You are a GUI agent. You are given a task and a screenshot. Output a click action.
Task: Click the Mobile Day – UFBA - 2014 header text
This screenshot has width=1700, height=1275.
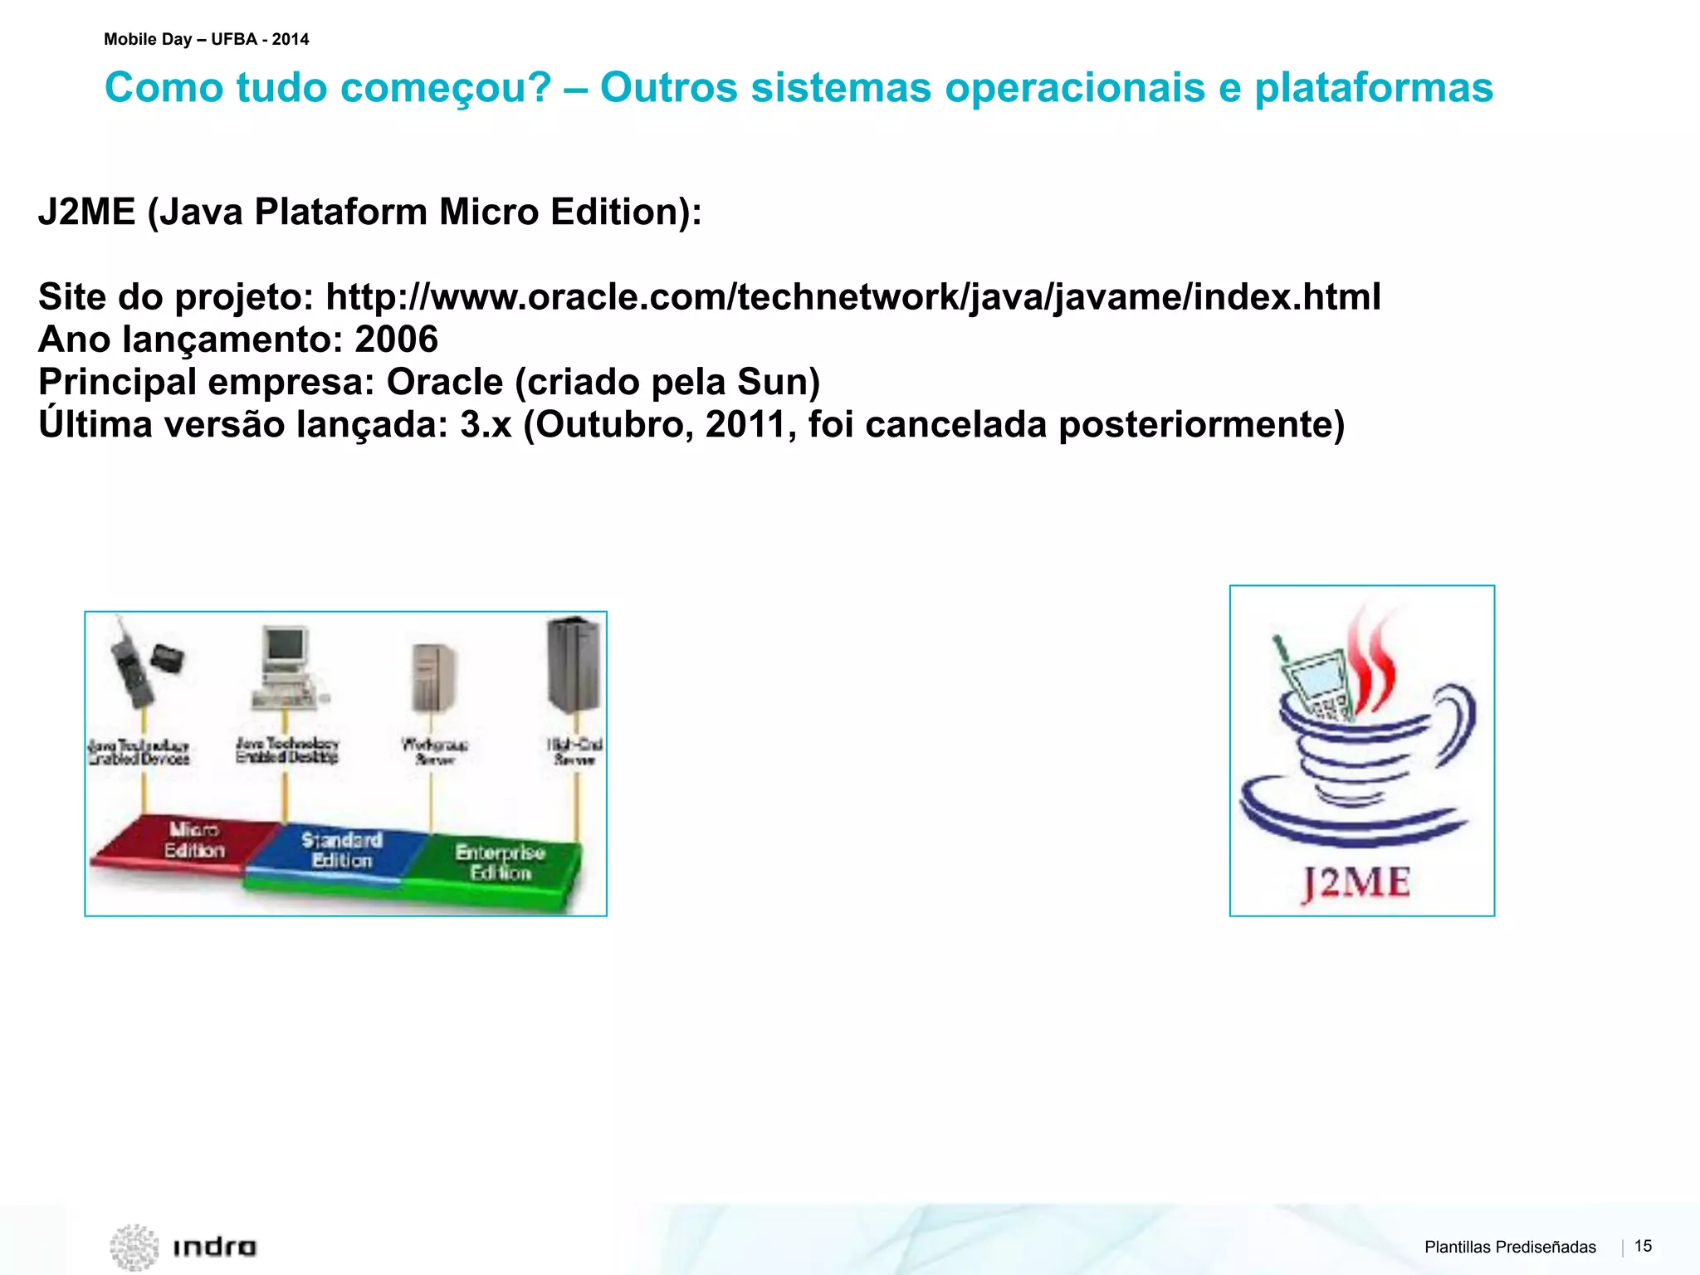pos(206,39)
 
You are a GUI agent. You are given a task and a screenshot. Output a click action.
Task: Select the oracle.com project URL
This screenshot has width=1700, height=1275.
pos(853,297)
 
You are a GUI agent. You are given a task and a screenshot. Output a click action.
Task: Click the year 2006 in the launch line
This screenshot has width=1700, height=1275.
pos(396,340)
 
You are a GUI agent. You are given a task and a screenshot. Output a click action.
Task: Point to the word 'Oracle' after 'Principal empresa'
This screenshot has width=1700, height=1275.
pos(445,382)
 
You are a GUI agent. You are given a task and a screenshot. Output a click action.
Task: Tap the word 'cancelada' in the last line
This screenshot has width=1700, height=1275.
pos(956,425)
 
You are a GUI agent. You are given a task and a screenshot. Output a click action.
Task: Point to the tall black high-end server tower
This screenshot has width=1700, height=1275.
pos(573,664)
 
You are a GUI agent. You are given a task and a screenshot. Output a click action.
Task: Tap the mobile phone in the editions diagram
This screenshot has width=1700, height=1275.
pos(133,664)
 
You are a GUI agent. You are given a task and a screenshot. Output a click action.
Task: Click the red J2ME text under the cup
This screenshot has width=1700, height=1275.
pos(1356,882)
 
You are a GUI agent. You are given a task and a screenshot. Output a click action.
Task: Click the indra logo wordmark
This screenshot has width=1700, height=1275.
pos(214,1247)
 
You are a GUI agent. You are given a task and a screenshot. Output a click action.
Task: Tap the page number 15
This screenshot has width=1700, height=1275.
pos(1643,1246)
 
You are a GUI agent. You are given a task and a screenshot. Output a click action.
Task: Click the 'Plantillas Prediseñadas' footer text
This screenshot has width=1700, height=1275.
pos(1510,1247)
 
